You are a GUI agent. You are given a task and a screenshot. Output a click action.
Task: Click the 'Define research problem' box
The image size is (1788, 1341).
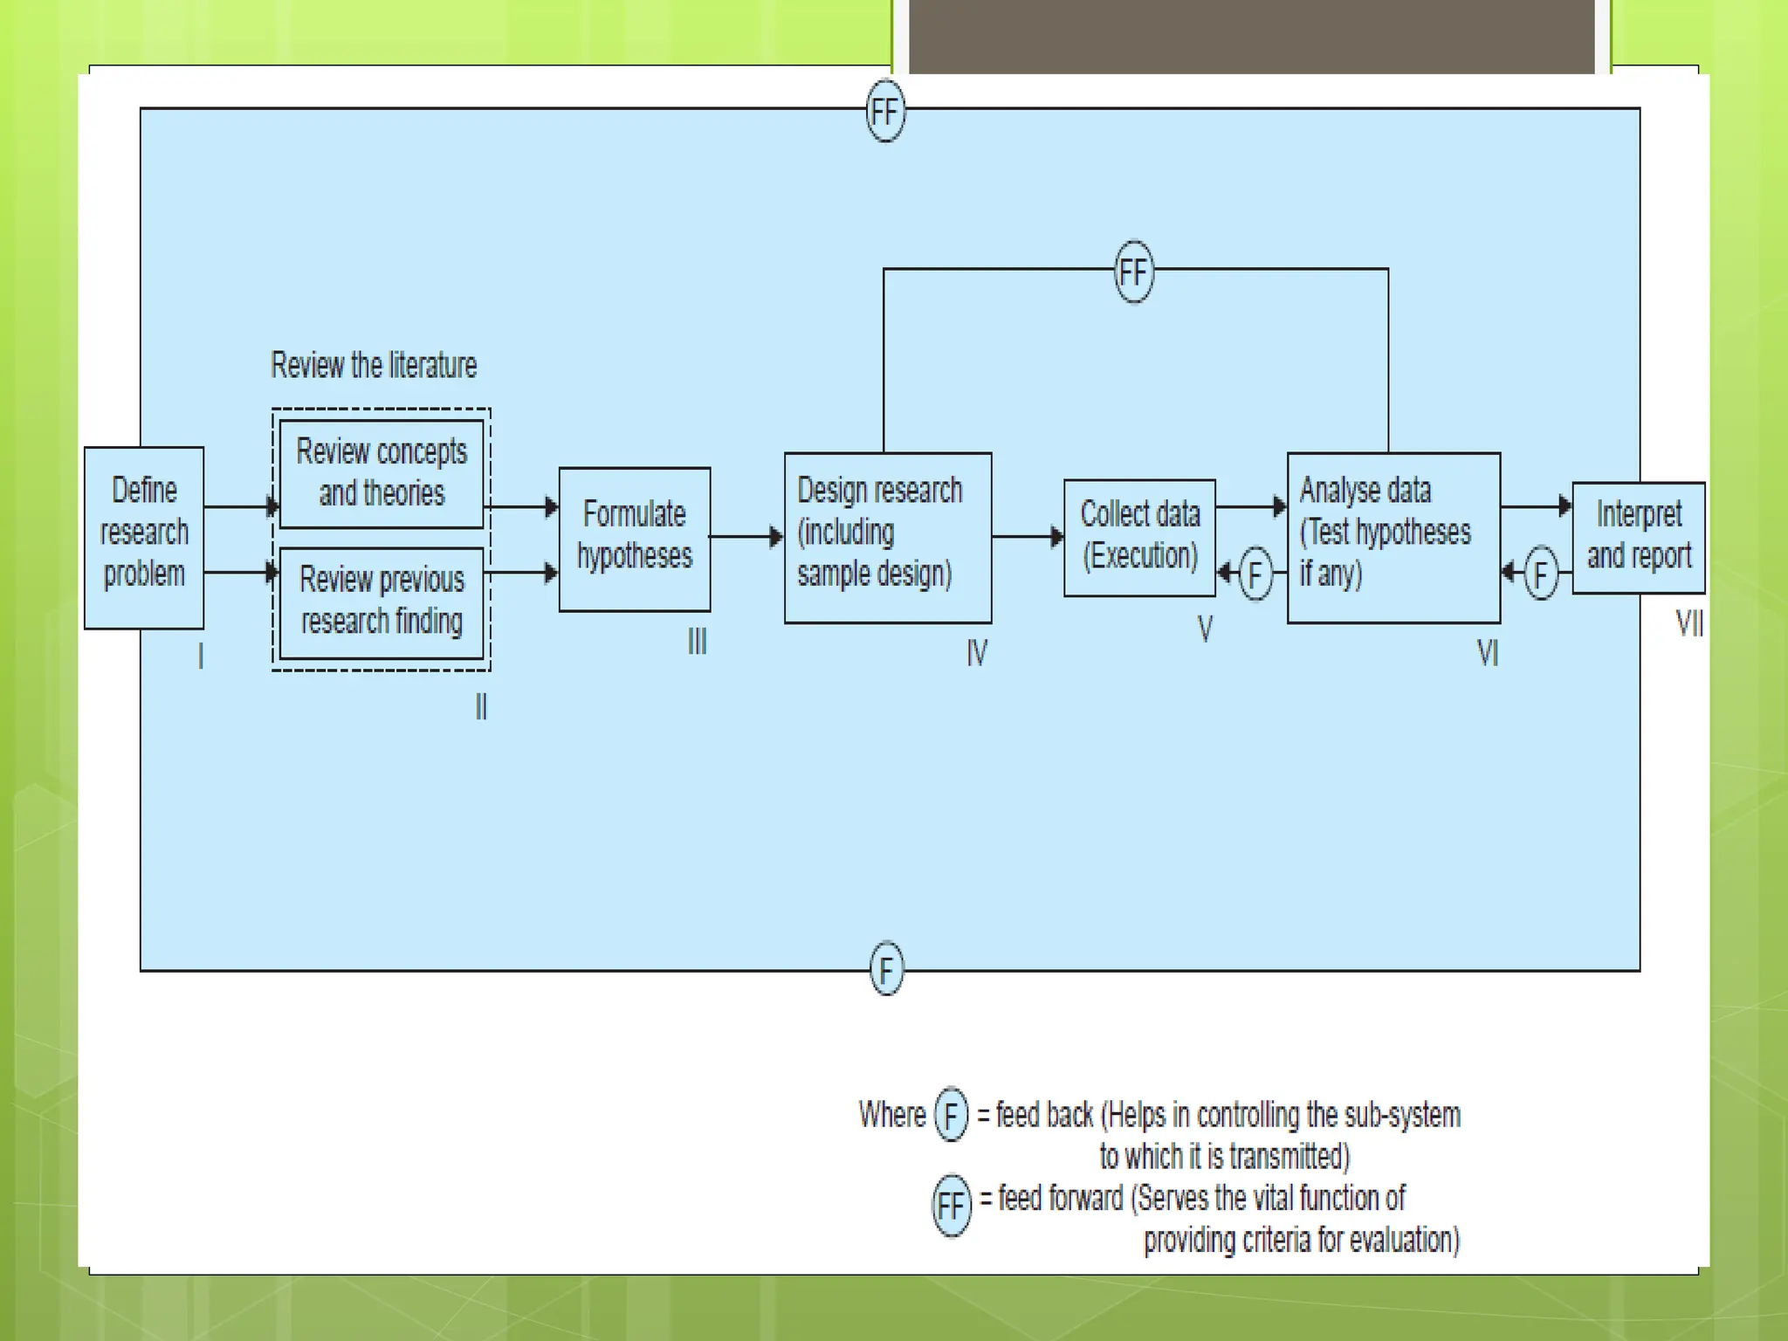(144, 537)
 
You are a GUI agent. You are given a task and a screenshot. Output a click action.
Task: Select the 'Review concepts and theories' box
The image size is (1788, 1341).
(382, 473)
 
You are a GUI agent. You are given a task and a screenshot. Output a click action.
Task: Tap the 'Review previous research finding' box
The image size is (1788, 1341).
(382, 602)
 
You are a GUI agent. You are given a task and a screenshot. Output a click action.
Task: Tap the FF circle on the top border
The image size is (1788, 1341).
(885, 111)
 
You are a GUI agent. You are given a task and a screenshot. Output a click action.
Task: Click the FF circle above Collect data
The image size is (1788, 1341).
(1134, 272)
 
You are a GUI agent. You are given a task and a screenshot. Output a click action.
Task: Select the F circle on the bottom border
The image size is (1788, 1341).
(886, 969)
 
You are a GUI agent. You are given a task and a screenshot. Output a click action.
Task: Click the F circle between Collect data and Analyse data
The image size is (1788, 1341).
(1255, 574)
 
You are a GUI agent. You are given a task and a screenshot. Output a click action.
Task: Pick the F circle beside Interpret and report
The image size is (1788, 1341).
(1541, 574)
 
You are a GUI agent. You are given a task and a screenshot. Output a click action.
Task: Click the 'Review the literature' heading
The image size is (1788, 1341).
(374, 365)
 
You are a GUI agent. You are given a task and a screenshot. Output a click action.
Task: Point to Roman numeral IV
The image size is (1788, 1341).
(977, 652)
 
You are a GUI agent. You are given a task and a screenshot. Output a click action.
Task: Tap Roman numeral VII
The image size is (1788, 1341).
(1689, 623)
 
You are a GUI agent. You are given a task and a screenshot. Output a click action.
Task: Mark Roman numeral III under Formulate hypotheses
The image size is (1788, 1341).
(697, 642)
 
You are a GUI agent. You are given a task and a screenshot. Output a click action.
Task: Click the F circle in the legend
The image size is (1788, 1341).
(951, 1115)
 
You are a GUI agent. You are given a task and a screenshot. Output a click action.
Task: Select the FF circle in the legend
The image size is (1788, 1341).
(951, 1206)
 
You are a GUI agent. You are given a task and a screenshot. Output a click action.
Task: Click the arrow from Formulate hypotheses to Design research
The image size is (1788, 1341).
(747, 537)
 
